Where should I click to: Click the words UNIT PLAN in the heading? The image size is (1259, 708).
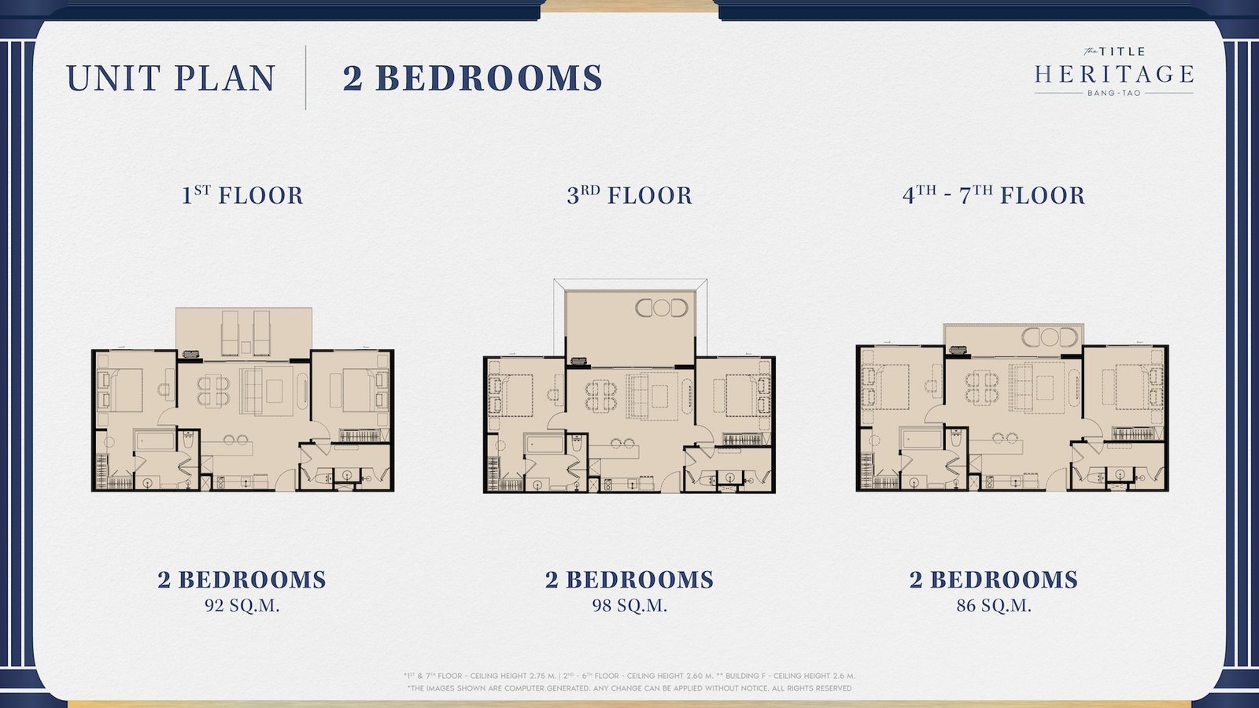[x=171, y=78]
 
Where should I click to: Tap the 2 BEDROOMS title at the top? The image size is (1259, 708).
[x=473, y=78]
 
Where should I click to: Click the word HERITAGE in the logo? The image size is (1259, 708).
[x=1114, y=74]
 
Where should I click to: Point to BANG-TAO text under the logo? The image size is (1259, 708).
[x=1114, y=94]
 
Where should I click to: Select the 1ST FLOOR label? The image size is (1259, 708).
[x=242, y=196]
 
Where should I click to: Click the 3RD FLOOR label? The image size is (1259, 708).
[x=629, y=196]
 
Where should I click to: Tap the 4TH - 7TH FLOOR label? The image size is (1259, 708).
[x=994, y=196]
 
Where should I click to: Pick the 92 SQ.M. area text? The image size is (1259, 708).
[x=242, y=606]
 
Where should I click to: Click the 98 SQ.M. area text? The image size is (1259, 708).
[x=629, y=606]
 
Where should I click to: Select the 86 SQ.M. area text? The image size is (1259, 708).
[x=994, y=606]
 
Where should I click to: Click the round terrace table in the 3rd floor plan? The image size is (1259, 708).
[x=662, y=308]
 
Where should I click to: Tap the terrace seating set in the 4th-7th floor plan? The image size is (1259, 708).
[x=1050, y=337]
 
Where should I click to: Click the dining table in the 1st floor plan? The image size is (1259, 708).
[x=213, y=390]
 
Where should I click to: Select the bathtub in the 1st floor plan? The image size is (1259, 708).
[x=154, y=441]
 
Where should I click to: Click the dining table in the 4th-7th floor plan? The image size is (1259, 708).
[x=982, y=387]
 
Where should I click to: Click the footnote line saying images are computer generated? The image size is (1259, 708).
[x=629, y=688]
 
